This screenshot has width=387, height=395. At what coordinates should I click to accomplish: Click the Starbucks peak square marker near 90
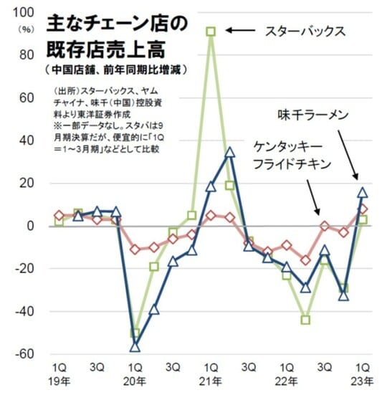[x=211, y=31]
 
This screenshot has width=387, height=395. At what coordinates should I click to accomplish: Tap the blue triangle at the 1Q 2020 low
[x=134, y=347]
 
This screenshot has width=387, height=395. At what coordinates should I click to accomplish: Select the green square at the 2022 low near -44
[x=305, y=320]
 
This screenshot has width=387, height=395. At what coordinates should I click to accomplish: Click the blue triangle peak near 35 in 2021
[x=229, y=152]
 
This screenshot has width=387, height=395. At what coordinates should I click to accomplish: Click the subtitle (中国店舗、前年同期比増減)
[x=115, y=70]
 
